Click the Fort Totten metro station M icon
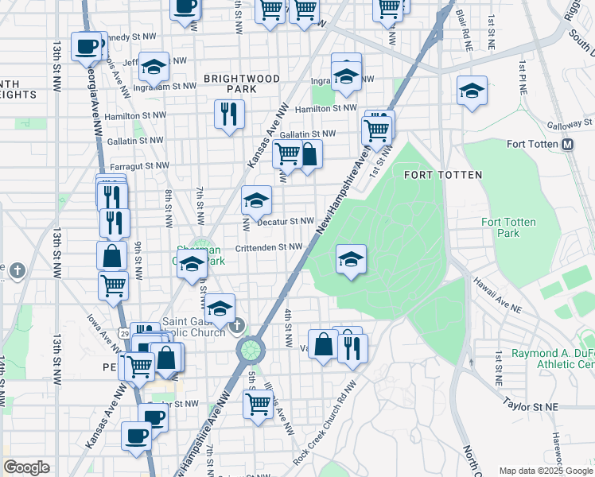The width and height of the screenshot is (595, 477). coord(568,145)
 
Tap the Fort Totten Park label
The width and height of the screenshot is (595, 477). coord(508,228)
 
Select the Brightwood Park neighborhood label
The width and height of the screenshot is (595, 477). coord(242,84)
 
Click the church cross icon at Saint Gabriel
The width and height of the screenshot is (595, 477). coord(236,327)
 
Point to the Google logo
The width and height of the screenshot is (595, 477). coord(26,467)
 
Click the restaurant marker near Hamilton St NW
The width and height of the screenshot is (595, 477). coord(229,114)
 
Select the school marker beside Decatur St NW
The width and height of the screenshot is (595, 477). coord(256,201)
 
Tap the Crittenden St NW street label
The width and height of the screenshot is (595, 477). coord(268,247)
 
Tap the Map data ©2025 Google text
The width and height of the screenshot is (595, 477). coord(545,470)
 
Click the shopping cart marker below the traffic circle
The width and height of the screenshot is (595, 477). coord(258,405)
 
